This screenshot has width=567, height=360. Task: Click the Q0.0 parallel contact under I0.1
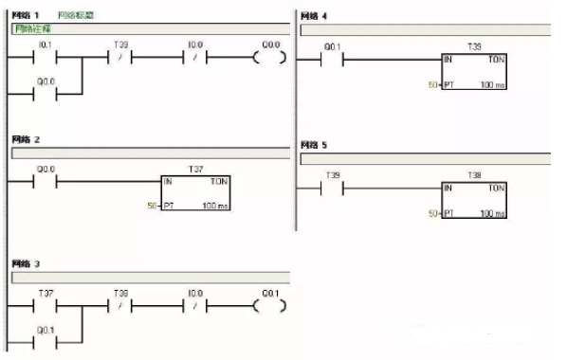[x=46, y=94]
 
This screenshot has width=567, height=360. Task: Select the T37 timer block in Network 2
[x=195, y=192]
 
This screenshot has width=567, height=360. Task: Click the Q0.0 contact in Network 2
[x=46, y=180]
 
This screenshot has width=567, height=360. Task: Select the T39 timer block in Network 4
[x=474, y=72]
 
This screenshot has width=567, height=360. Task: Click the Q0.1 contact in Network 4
[x=332, y=59]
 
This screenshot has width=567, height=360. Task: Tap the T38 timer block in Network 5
[x=474, y=201]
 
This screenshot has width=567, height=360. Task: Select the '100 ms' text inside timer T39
[x=492, y=85]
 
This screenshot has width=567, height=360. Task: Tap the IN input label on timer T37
[x=168, y=180]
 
